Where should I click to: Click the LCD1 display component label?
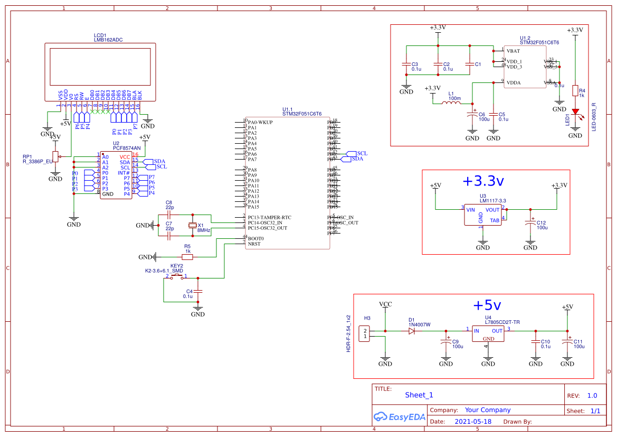(x=100, y=35)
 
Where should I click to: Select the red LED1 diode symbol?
(x=575, y=113)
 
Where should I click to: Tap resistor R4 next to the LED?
(x=575, y=90)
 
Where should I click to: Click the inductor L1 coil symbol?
(x=451, y=104)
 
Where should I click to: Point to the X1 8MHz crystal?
(x=193, y=226)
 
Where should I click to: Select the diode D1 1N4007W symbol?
(x=412, y=331)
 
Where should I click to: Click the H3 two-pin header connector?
(x=365, y=333)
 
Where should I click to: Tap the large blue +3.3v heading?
(x=483, y=181)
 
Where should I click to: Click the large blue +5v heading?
(x=486, y=305)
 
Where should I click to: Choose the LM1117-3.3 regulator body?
(x=482, y=215)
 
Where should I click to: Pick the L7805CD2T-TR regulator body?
(x=488, y=333)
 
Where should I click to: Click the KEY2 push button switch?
(x=176, y=276)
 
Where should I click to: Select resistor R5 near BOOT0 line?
(x=187, y=257)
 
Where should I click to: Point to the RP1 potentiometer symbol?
(x=55, y=157)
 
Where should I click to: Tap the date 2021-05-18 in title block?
(x=472, y=422)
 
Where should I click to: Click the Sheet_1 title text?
(x=419, y=395)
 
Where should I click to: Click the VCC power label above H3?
(x=385, y=304)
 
